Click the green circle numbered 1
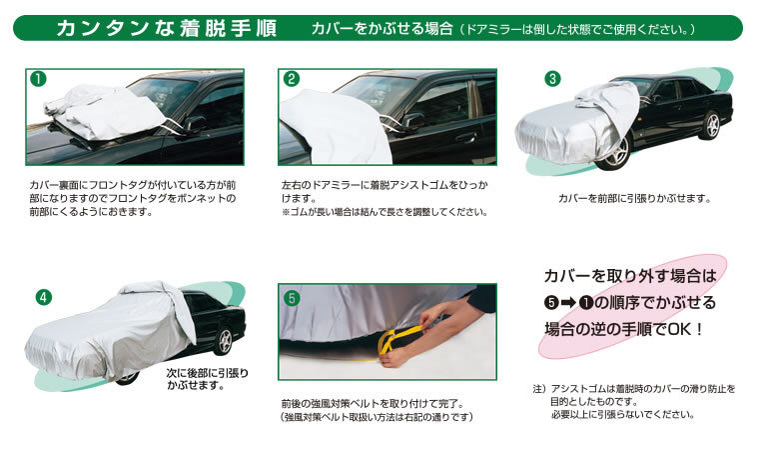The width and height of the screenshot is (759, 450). pyautogui.click(x=38, y=79)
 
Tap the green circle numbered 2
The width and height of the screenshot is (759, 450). pyautogui.click(x=291, y=79)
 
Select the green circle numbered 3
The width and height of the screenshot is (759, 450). pyautogui.click(x=552, y=79)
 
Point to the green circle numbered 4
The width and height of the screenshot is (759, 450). pyautogui.click(x=44, y=297)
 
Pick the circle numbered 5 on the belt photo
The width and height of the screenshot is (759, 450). pyautogui.click(x=292, y=298)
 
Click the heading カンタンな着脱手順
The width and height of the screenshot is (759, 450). pyautogui.click(x=167, y=29)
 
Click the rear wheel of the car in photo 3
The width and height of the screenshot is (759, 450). pyautogui.click(x=712, y=125)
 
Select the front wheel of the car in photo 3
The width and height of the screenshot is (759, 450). pyautogui.click(x=615, y=153)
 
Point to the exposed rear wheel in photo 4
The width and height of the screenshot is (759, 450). pyautogui.click(x=225, y=341)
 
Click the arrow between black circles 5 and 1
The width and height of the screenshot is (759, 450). pyautogui.click(x=568, y=303)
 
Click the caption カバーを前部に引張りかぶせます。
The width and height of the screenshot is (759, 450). pyautogui.click(x=634, y=198)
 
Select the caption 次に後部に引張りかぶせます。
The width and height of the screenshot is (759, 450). pyautogui.click(x=207, y=379)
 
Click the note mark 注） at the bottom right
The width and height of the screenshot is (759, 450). pyautogui.click(x=540, y=389)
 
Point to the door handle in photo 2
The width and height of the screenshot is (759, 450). pyautogui.click(x=466, y=139)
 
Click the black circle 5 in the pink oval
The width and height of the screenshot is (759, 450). pyautogui.click(x=551, y=303)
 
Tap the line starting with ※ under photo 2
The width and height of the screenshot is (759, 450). pyautogui.click(x=384, y=212)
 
